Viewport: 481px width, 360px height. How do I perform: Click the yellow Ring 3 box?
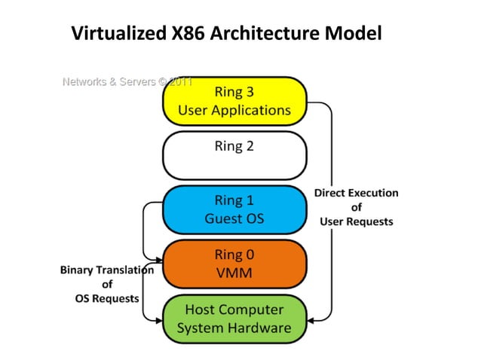tap(234, 101)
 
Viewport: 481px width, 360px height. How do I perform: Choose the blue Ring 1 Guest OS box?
tap(234, 210)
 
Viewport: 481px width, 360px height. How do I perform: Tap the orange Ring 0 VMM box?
tap(234, 263)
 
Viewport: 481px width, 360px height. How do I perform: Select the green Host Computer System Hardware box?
tap(234, 318)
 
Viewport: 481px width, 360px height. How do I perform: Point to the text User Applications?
tap(234, 110)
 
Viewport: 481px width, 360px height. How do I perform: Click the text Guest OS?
tap(234, 219)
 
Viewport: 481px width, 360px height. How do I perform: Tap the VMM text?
tap(234, 272)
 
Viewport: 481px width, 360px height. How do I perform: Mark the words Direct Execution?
tap(356, 194)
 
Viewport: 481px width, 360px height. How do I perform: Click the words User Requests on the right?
tap(356, 221)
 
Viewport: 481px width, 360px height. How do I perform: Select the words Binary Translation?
tap(106, 270)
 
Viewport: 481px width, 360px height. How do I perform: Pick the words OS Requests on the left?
tap(106, 298)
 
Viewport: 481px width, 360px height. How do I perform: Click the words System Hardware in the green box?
tap(234, 328)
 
